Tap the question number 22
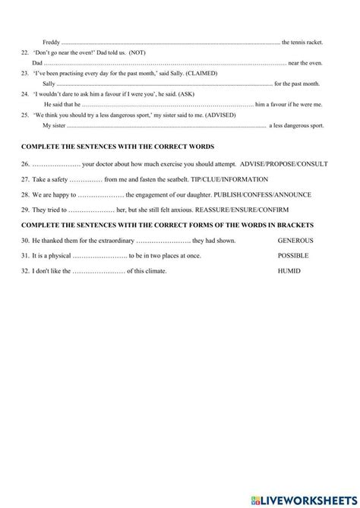[x=25, y=52]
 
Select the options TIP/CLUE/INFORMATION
[x=229, y=179]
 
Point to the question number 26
[x=25, y=163]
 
